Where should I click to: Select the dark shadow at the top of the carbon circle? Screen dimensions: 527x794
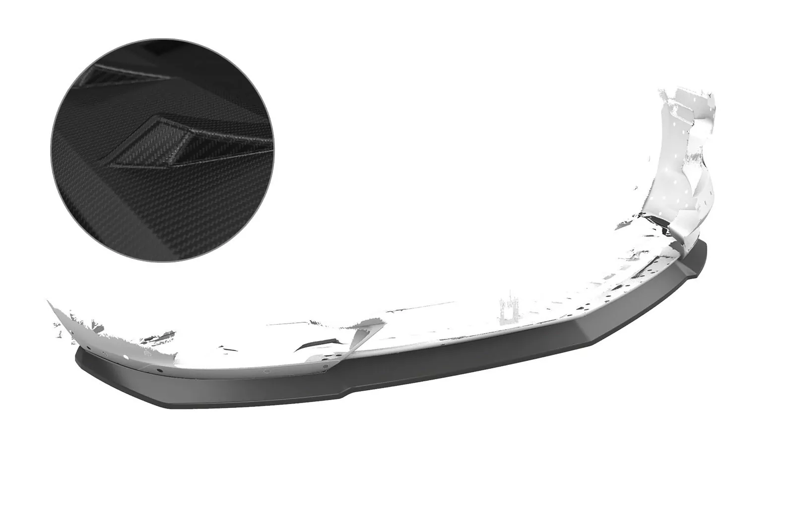(x=164, y=55)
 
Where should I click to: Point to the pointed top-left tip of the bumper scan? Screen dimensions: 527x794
(x=49, y=301)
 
